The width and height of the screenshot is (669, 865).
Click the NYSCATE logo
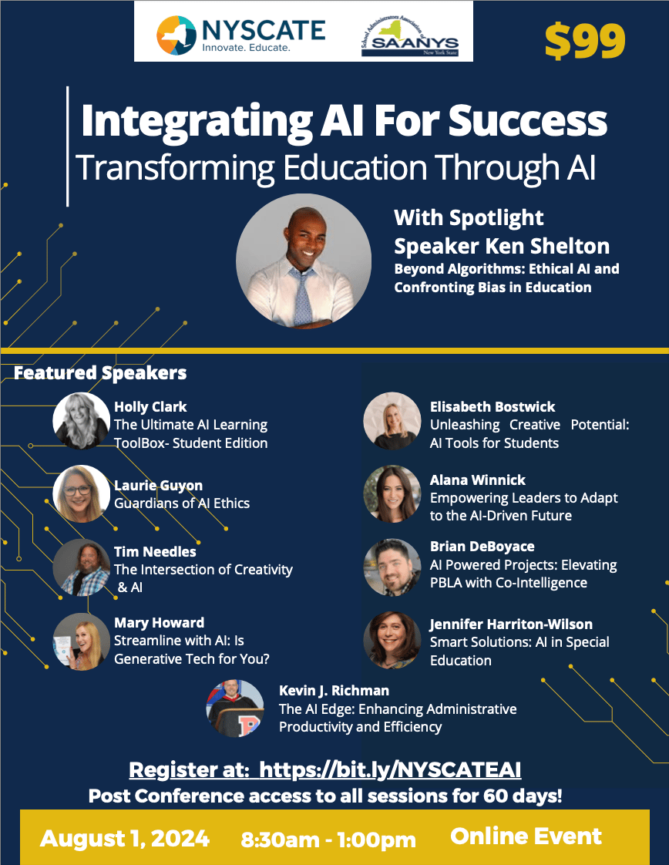point(240,35)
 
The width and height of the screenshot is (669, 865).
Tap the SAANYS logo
point(410,36)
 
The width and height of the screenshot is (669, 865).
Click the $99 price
point(585,42)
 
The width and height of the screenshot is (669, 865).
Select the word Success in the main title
point(528,120)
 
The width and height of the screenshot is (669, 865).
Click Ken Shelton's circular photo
point(304,261)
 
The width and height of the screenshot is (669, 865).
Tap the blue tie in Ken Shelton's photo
point(304,297)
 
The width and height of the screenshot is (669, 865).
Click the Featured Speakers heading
point(100,373)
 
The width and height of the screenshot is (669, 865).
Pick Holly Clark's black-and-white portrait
point(82,420)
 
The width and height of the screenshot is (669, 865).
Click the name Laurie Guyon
point(158,486)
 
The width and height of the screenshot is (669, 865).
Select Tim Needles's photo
point(82,567)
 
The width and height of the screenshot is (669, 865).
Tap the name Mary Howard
point(159,623)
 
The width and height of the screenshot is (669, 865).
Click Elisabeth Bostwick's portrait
point(392,420)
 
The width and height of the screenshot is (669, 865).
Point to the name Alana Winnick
point(478,480)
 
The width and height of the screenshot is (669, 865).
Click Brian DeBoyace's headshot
point(392,567)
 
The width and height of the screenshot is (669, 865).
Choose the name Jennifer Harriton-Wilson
point(511,624)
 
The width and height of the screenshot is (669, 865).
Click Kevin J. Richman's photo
point(235,708)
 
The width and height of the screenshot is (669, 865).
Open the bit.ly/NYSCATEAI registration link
point(390,769)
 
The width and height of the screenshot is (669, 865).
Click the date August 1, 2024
point(125,839)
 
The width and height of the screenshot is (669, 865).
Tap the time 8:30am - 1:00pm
point(328,840)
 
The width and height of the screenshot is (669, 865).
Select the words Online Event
point(526,836)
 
